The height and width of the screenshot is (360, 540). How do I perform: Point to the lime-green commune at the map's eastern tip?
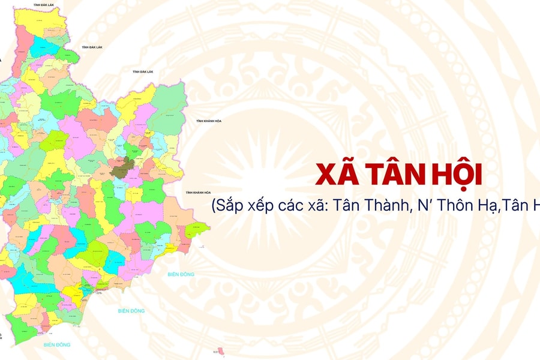point(197,230)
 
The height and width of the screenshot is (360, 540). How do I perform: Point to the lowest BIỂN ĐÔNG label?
point(57,345)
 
